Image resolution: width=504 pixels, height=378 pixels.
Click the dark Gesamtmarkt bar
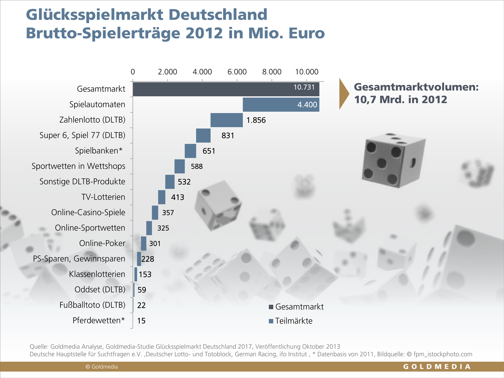coord(226,89)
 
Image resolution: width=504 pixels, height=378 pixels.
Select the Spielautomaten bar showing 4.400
coord(281,104)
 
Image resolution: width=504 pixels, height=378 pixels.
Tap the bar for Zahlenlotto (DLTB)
coord(226,120)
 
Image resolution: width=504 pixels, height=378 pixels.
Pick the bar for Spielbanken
coord(190,151)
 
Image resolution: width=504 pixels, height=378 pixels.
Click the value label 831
coord(227,135)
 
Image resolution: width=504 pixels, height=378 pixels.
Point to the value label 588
coord(197,166)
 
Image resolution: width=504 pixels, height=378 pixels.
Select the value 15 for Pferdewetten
coord(141,321)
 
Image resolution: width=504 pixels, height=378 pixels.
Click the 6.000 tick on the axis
coord(237,72)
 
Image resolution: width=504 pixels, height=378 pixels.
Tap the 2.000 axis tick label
coord(167,72)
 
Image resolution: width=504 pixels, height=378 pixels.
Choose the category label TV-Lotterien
coord(103,197)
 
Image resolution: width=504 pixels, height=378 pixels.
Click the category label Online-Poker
coord(102,243)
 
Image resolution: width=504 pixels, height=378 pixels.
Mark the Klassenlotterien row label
coord(97,274)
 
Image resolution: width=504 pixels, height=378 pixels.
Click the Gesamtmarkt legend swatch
coord(271,307)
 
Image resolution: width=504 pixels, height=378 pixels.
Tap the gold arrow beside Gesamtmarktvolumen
coord(344,94)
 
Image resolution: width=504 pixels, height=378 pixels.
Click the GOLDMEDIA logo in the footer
coord(437,367)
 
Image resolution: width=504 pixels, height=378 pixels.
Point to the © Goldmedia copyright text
coord(101,367)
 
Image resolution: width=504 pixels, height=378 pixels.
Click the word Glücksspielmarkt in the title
coord(95,15)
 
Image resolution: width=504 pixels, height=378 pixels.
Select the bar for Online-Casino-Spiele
coord(155,213)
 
